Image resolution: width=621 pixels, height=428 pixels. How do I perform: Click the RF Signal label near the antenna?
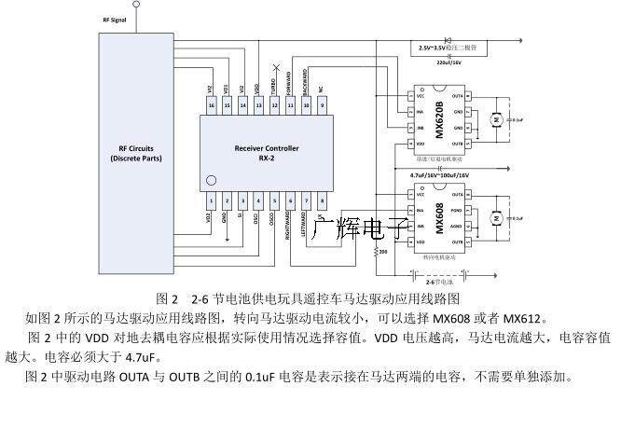pyautogui.click(x=113, y=19)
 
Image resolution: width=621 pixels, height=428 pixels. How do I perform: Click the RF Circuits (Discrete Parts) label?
pyautogui.click(x=135, y=153)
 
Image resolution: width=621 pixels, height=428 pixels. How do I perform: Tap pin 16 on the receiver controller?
pyautogui.click(x=212, y=106)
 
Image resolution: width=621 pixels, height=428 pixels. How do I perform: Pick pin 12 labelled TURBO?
pyautogui.click(x=275, y=106)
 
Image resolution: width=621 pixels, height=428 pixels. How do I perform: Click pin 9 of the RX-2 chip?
pyautogui.click(x=322, y=106)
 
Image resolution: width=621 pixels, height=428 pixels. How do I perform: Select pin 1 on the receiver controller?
pyautogui.click(x=212, y=200)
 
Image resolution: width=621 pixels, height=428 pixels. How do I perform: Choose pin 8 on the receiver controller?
pyautogui.click(x=322, y=200)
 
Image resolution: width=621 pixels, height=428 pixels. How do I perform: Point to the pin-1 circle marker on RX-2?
pyautogui.click(x=211, y=179)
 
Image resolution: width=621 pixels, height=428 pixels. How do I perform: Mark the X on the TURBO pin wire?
pyautogui.click(x=275, y=68)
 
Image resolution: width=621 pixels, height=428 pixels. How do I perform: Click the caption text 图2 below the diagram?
pyautogui.click(x=168, y=299)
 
